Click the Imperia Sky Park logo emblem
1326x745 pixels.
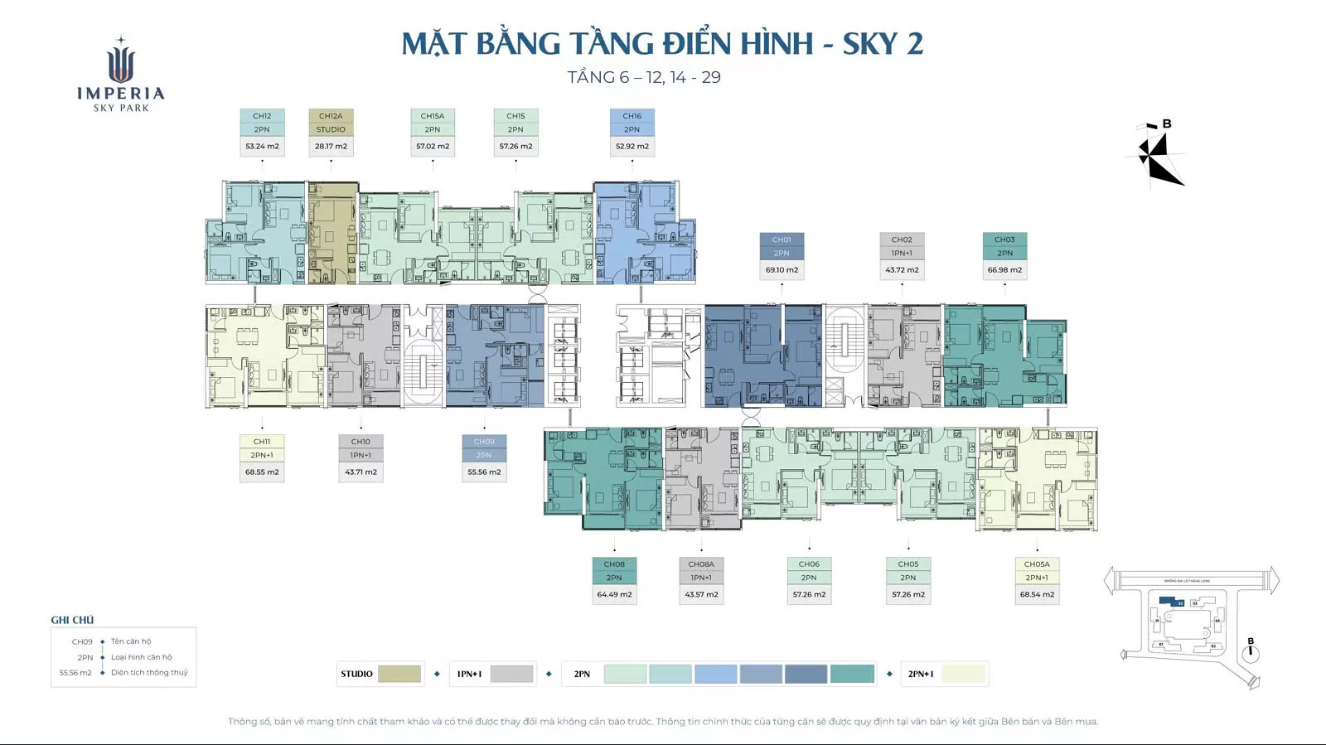121,63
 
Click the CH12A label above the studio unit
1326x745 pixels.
331,116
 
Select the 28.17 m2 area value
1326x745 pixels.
331,147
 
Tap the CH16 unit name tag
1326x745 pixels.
632,116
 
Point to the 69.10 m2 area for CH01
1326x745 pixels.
782,270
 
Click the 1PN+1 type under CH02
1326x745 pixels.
902,254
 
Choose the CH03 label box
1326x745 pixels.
1004,239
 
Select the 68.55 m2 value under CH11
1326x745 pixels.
262,472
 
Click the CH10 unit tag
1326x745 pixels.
361,442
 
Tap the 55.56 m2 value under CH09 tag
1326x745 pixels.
484,472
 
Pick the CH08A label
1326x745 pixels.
701,564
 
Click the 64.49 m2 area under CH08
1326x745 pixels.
614,595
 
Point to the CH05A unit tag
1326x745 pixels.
1037,564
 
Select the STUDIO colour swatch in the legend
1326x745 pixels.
399,674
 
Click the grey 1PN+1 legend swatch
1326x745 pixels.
511,674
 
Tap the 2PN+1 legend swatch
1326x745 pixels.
963,674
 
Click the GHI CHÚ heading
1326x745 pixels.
72,620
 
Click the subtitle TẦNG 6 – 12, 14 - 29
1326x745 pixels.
644,78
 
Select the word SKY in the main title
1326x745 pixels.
870,44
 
